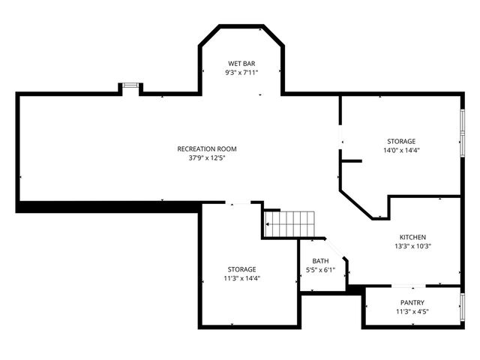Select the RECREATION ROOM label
click(x=202, y=148)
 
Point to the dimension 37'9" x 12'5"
click(x=202, y=158)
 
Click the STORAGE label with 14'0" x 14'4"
click(x=401, y=141)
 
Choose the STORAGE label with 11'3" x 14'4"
click(x=242, y=268)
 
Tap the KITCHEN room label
click(x=412, y=236)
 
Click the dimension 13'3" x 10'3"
click(x=412, y=246)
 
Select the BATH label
click(x=320, y=261)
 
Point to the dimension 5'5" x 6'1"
click(x=320, y=270)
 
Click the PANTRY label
click(x=412, y=302)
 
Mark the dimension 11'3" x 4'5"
click(x=412, y=311)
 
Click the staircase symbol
click(x=289, y=223)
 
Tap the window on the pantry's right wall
click(x=462, y=307)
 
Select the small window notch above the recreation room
click(x=131, y=88)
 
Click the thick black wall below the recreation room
click(x=105, y=207)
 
